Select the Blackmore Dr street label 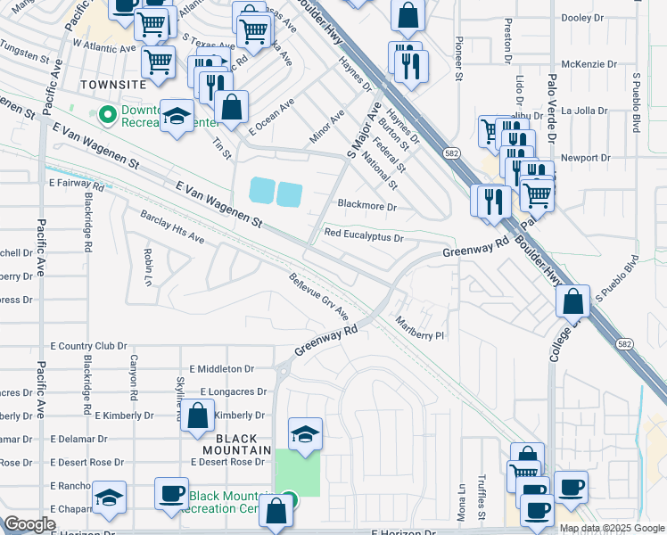366,205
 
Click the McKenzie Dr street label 591,64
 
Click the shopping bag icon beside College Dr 573,302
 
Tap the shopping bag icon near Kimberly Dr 198,416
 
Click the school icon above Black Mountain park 305,433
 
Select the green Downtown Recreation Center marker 108,114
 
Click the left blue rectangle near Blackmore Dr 262,190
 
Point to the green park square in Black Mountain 297,473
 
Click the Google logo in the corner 29,524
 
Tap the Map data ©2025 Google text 612,528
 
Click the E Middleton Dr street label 222,368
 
